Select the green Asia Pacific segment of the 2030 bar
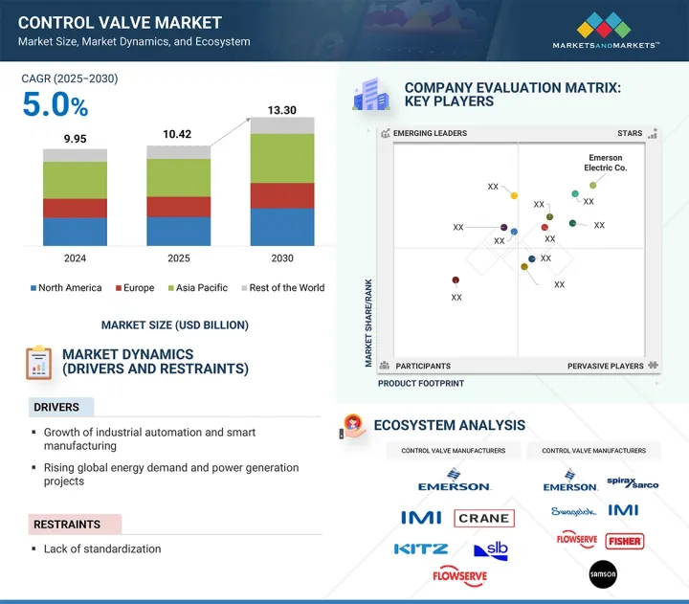click(x=282, y=158)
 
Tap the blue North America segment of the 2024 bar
click(x=75, y=232)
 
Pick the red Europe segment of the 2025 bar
click(x=178, y=207)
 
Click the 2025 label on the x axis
click(x=178, y=258)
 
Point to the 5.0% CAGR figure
click(x=56, y=104)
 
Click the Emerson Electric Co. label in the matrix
click(x=604, y=163)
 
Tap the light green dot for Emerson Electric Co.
click(x=593, y=185)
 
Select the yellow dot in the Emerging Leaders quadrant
click(x=514, y=196)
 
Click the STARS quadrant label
click(x=630, y=134)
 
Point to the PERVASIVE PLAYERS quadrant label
click(x=606, y=366)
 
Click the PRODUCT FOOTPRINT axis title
click(x=421, y=384)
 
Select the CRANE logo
click(x=484, y=518)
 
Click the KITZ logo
click(x=421, y=549)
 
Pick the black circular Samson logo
click(x=603, y=573)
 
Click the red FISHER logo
click(x=624, y=541)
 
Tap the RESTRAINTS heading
click(x=67, y=525)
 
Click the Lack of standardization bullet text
click(x=102, y=549)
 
